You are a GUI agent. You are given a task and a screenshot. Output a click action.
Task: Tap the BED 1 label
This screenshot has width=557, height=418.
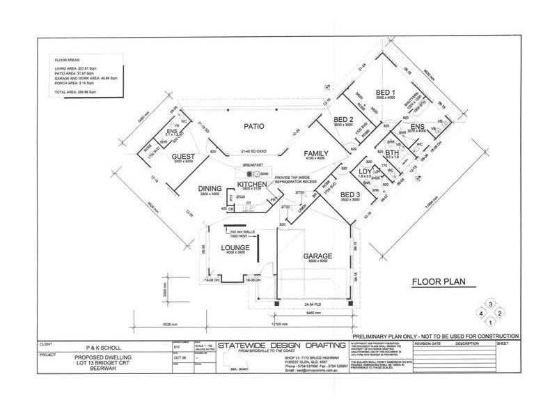pyautogui.click(x=386, y=93)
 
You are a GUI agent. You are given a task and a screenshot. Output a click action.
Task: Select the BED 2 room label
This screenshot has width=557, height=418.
pyautogui.click(x=344, y=119)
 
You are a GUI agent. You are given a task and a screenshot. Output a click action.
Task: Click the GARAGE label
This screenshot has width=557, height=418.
pyautogui.click(x=317, y=256)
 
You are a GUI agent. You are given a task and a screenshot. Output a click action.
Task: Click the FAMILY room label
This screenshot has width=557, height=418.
pyautogui.click(x=315, y=153)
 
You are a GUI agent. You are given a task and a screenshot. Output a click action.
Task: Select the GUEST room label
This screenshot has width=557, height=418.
pyautogui.click(x=184, y=157)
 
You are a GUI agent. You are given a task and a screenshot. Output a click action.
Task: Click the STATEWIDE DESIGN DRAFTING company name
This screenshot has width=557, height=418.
pyautogui.click(x=282, y=346)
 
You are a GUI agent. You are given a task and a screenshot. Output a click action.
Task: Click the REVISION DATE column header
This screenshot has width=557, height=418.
pyautogui.click(x=427, y=343)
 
